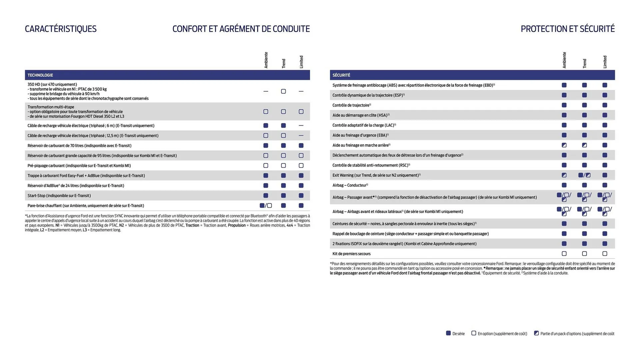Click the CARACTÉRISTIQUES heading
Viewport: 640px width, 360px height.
[61, 29]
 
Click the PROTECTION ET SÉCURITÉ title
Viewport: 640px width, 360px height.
[567, 29]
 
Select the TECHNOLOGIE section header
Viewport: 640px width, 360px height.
[40, 75]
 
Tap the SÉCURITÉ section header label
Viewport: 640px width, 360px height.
[341, 75]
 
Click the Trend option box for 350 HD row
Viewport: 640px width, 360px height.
[283, 91]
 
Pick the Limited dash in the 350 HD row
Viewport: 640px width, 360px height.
[301, 91]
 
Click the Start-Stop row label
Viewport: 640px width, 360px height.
[59, 196]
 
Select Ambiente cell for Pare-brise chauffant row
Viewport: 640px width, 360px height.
[266, 206]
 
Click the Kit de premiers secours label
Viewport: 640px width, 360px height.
[351, 254]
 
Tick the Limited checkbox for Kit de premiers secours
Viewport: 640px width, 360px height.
[605, 254]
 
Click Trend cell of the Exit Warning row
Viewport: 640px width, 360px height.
[584, 175]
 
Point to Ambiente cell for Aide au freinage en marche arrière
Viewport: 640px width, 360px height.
[564, 145]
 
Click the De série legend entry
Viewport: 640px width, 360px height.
[455, 333]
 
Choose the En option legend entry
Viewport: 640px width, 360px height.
[499, 333]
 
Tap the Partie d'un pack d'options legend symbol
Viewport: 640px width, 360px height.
[536, 333]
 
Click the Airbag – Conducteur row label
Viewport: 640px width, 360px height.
[350, 185]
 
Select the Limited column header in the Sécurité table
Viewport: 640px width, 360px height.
[605, 62]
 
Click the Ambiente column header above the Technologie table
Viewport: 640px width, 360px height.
[266, 60]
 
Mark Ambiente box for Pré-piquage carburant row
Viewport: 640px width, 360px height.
[266, 166]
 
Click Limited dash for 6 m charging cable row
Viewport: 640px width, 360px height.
[301, 126]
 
